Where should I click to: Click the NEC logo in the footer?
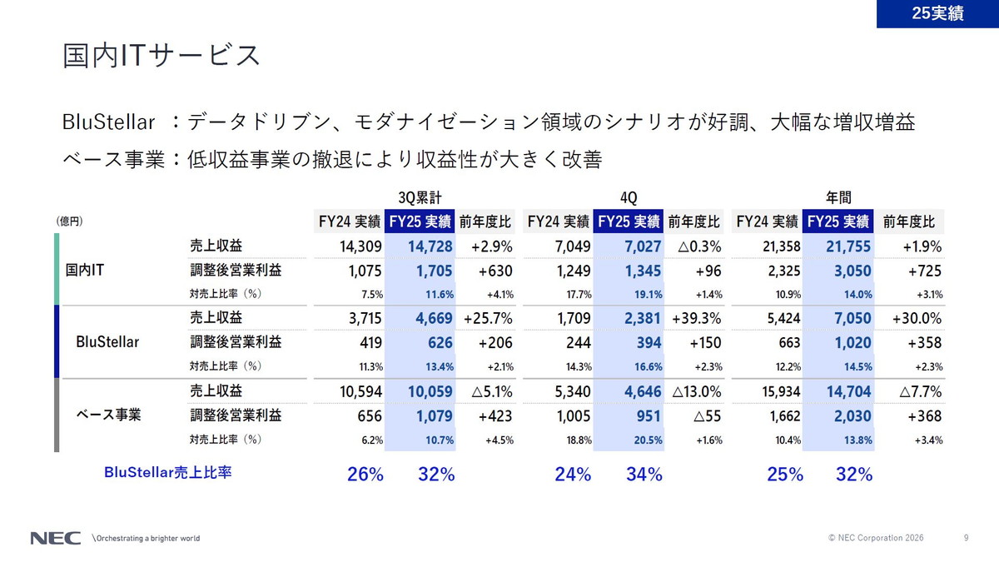click(56, 538)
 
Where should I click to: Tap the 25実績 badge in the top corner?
click(937, 13)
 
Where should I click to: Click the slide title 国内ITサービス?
click(162, 55)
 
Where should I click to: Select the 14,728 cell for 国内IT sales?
click(430, 246)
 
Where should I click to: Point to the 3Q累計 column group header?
click(414, 197)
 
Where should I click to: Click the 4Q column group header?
click(629, 197)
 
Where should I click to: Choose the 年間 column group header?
click(838, 197)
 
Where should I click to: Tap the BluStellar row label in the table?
click(107, 341)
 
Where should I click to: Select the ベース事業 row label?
click(109, 414)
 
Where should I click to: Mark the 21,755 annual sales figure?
click(848, 246)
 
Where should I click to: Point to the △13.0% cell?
click(697, 390)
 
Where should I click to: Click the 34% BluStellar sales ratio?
click(644, 475)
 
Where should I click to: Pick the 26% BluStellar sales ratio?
click(365, 475)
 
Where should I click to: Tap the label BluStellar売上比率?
click(167, 472)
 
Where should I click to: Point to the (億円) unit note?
click(69, 221)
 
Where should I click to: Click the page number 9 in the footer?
click(966, 538)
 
